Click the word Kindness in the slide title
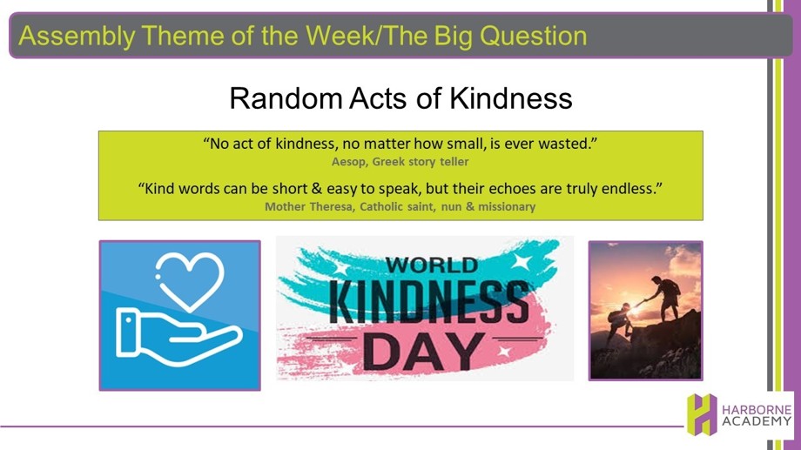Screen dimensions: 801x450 coord(510,98)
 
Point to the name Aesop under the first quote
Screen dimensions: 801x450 coord(348,162)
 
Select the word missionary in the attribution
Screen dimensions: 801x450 coord(506,207)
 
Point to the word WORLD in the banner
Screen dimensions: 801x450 coord(432,265)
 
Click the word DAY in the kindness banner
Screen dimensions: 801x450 coord(423,353)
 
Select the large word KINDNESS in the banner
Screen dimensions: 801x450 coord(428,301)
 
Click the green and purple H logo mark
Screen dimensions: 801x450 coord(702,414)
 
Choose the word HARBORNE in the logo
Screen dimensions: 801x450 coord(757,410)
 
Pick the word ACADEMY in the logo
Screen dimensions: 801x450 coord(757,422)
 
